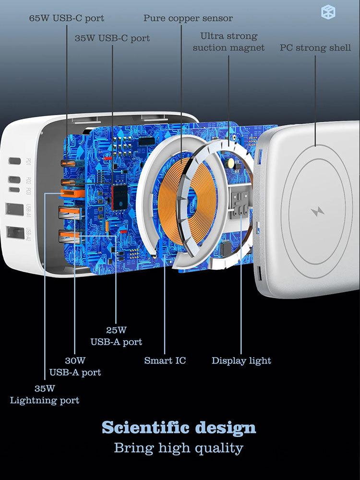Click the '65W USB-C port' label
[66, 18]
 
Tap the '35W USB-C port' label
[112, 38]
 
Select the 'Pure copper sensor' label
[188, 18]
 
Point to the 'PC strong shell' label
[315, 48]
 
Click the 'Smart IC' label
[165, 360]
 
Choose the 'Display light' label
[241, 360]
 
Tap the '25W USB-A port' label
[116, 336]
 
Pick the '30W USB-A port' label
[75, 366]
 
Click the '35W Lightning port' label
[44, 394]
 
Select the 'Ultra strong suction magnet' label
[228, 42]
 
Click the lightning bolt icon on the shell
[317, 212]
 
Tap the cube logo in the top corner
[328, 12]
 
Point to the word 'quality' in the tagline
[219, 448]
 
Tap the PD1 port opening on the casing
[14, 161]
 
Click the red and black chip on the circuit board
[119, 197]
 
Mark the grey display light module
[240, 203]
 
